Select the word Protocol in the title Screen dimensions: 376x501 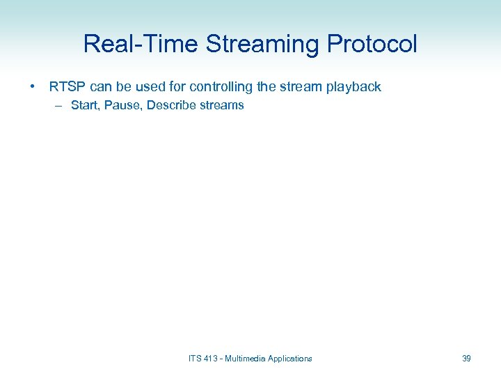[372, 44]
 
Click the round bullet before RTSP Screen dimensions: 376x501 [33, 88]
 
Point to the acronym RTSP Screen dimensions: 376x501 [67, 87]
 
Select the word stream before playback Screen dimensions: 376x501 [304, 87]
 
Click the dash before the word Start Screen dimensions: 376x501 [57, 106]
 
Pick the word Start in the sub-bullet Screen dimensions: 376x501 [84, 106]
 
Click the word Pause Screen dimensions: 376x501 [122, 106]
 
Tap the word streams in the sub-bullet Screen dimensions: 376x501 [221, 106]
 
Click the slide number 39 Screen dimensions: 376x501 [466, 359]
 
